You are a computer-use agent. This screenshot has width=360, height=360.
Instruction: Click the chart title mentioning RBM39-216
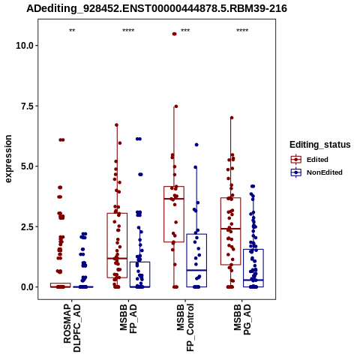tap(157, 8)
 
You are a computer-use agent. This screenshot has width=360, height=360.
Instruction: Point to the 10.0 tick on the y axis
tap(25, 46)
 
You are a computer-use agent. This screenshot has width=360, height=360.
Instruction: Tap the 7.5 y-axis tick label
tap(27, 106)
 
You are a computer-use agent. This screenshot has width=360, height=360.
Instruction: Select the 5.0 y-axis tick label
tap(27, 166)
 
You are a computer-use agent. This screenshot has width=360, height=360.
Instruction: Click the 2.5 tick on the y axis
tap(27, 226)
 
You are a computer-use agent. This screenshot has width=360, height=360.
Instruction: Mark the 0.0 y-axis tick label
tap(27, 287)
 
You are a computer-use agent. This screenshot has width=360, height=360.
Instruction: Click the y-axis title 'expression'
tap(8, 159)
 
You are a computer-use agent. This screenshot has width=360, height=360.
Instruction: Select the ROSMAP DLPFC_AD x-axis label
tap(72, 328)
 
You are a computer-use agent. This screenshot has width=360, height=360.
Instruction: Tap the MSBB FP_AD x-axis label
tap(128, 319)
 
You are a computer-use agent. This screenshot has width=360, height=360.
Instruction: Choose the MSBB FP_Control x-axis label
tap(185, 328)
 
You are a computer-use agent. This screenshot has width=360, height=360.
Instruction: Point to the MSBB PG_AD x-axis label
tap(242, 319)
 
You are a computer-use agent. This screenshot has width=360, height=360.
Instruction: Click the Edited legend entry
tap(310, 160)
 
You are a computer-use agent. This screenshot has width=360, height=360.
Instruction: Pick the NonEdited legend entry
tap(316, 172)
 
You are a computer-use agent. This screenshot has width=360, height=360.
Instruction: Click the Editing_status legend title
tap(320, 145)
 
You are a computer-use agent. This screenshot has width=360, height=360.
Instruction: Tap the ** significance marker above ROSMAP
tap(72, 31)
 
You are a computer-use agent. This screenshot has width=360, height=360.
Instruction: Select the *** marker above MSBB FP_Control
tap(185, 31)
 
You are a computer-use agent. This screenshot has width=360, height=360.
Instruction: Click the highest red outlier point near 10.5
tap(174, 34)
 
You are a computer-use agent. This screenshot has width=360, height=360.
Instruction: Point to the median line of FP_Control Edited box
tap(174, 199)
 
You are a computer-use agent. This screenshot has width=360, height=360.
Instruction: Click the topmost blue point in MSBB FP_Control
tap(196, 145)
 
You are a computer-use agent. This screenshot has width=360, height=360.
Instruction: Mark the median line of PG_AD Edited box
tap(231, 229)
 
